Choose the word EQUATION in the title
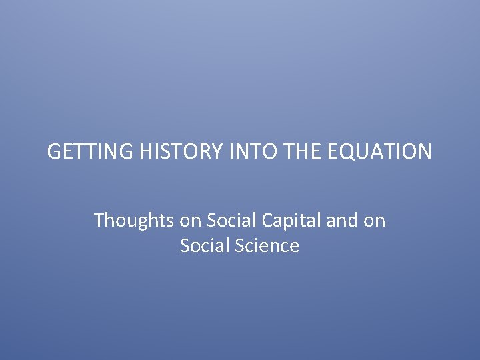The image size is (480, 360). (377, 152)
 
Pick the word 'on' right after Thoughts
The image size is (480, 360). (189, 220)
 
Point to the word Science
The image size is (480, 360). (267, 246)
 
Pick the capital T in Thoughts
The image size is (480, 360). (99, 220)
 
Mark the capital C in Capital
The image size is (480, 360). (269, 220)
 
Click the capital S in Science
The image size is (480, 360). (239, 246)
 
